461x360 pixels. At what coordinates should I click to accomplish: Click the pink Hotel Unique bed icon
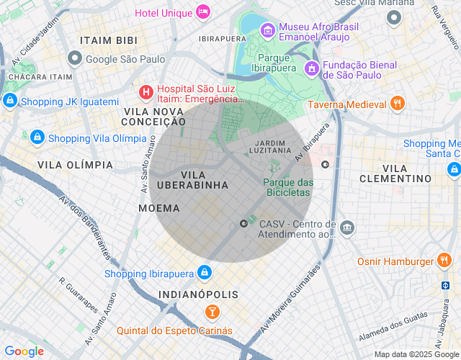pyautogui.click(x=204, y=12)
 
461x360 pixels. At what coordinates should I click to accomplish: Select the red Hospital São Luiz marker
pyautogui.click(x=146, y=91)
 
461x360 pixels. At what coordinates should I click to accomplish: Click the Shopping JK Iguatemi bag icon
pyautogui.click(x=9, y=102)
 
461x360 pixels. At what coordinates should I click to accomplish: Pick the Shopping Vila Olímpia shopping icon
pyautogui.click(x=37, y=137)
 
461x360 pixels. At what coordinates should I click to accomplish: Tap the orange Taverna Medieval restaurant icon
pyautogui.click(x=397, y=104)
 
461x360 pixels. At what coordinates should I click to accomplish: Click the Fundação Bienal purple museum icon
pyautogui.click(x=311, y=68)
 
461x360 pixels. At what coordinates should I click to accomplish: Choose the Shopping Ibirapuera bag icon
pyautogui.click(x=205, y=273)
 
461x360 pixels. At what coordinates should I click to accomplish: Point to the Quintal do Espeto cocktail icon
pyautogui.click(x=212, y=312)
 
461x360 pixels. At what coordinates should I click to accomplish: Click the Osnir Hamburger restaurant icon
pyautogui.click(x=444, y=261)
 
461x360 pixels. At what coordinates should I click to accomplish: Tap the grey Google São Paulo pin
pyautogui.click(x=74, y=58)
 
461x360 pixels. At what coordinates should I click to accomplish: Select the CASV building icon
pyautogui.click(x=347, y=228)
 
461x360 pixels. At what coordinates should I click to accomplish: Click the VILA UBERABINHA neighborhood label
pyautogui.click(x=194, y=180)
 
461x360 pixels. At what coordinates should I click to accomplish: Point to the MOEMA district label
pyautogui.click(x=158, y=208)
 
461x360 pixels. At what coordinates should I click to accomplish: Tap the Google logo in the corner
pyautogui.click(x=24, y=351)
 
